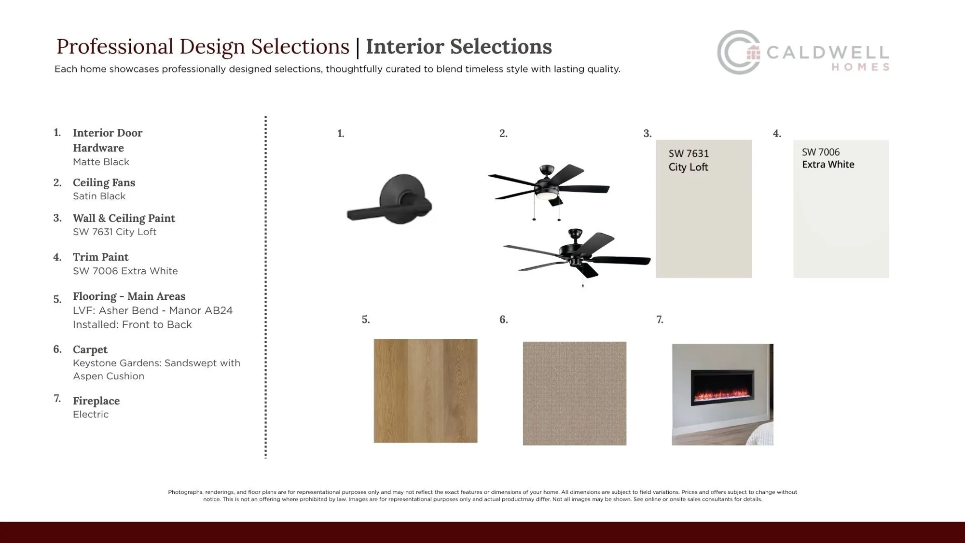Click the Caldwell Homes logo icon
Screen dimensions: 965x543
[x=739, y=52]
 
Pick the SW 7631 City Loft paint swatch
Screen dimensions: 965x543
[x=704, y=209]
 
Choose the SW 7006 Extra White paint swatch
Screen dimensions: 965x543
[x=841, y=209]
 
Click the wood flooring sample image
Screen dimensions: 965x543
[x=426, y=390]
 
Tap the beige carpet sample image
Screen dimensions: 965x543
[x=575, y=393]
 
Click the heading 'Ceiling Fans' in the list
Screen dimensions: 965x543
[x=104, y=182]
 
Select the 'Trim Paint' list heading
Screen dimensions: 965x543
[x=100, y=257]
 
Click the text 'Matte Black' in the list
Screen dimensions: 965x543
[x=101, y=162]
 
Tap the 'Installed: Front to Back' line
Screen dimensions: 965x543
[x=132, y=324]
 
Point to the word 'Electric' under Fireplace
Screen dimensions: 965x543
[x=91, y=414]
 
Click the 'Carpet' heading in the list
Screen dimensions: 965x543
[x=90, y=349]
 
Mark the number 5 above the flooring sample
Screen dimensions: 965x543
[x=366, y=320]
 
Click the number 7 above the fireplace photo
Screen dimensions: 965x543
[x=660, y=320]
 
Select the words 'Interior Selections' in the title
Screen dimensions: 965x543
[x=458, y=46]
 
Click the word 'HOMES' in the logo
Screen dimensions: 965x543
[x=860, y=67]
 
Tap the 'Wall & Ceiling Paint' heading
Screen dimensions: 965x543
[x=124, y=218]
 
